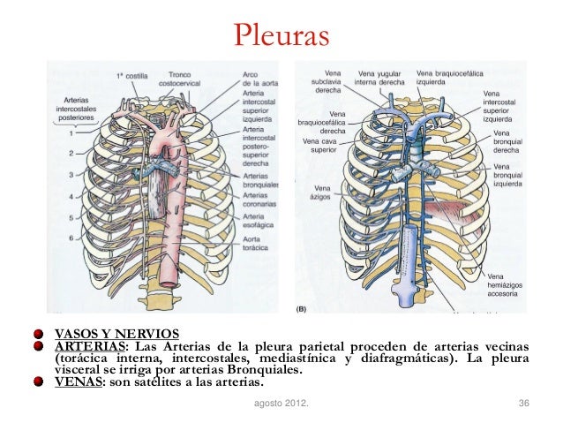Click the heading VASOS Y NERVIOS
116,334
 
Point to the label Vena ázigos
323,192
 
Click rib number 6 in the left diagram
71,238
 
